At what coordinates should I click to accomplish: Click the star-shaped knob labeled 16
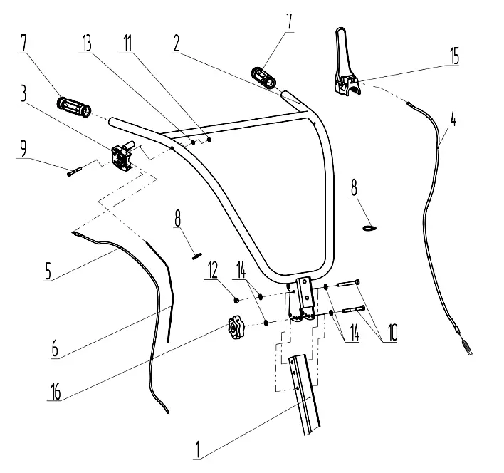(235, 328)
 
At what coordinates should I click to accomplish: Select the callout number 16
(56, 391)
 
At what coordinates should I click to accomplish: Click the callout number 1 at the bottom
(198, 449)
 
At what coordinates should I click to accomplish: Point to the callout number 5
(48, 271)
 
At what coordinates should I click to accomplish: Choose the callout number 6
(55, 348)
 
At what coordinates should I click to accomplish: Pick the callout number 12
(212, 269)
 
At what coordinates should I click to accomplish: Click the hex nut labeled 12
(236, 301)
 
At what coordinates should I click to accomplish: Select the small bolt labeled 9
(75, 172)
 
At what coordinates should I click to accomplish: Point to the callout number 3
(23, 93)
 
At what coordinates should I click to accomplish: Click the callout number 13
(87, 43)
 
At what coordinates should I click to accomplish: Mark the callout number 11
(127, 43)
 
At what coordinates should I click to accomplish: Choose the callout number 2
(177, 43)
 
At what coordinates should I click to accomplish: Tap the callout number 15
(454, 56)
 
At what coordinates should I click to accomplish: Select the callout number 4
(453, 119)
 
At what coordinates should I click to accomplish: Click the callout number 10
(392, 332)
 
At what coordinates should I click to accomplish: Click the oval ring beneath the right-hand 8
(369, 228)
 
